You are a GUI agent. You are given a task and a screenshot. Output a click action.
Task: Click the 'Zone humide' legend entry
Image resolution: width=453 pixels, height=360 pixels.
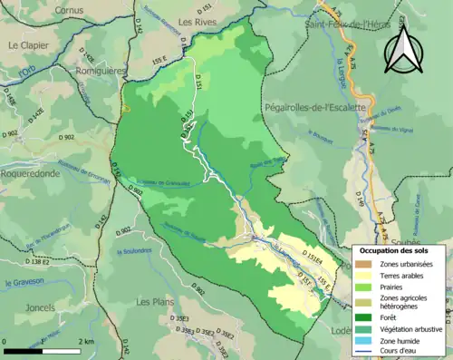click(x=394, y=341)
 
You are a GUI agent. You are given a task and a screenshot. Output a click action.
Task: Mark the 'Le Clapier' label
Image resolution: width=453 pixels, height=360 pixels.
click(x=29, y=44)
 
